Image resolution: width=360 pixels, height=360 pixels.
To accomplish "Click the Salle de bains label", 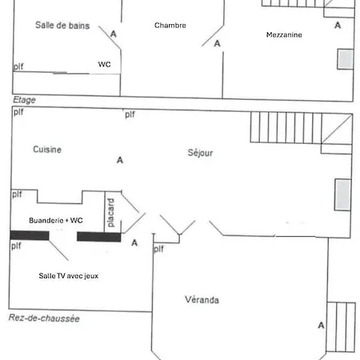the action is tap(62, 26).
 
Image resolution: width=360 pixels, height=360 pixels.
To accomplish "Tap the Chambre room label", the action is tap(170, 26).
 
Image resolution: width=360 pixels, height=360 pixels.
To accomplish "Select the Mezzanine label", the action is tap(284, 34).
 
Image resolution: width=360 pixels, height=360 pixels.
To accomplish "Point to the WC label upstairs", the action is tap(104, 64).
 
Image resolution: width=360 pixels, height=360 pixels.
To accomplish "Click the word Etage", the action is tap(24, 100).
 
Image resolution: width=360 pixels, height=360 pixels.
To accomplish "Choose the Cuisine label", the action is tap(47, 150).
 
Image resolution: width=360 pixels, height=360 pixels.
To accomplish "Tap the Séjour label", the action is tap(200, 153).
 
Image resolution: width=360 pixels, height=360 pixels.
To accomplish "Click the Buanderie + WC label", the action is tap(56, 220).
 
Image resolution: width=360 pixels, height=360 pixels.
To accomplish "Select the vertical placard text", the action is tap(110, 213).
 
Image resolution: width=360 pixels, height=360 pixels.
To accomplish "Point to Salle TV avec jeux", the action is tap(69, 276).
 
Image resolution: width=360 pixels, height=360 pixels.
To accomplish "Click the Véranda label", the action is tap(202, 300).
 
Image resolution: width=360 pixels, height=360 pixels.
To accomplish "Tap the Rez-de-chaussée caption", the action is tap(44, 318).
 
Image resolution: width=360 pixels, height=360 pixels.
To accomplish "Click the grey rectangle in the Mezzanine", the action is tap(346, 59).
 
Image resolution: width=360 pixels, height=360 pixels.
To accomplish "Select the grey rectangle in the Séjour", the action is tap(343, 194).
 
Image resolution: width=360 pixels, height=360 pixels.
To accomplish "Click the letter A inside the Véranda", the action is tap(322, 326).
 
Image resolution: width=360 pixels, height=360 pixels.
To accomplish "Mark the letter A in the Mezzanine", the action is tap(338, 26).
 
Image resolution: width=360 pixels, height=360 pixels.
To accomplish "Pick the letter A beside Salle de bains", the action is tap(114, 34).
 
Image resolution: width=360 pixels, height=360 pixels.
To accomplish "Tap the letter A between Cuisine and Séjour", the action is tap(120, 160).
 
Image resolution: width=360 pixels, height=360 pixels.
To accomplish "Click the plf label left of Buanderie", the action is tap(17, 194).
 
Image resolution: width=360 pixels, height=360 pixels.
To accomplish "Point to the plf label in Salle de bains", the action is tap(18, 66).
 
